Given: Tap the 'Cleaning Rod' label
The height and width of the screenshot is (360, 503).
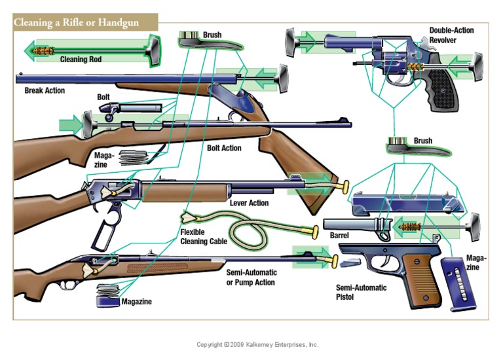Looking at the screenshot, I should click(81, 59).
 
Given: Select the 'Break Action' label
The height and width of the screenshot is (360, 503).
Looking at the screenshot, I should click(45, 90).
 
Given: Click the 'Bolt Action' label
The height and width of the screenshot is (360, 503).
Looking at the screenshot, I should click(224, 148).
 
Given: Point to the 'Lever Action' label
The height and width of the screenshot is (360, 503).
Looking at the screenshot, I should click(249, 203).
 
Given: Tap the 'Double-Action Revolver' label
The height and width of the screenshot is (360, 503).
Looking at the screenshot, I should click(451, 35).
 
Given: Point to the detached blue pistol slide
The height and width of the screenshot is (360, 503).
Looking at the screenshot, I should click(406, 204).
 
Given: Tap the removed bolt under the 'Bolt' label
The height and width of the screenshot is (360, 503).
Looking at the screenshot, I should click(135, 107).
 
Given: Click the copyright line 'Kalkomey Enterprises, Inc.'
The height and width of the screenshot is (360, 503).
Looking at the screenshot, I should click(257, 344).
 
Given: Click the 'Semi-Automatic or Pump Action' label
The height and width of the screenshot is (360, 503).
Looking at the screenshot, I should click(251, 277).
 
